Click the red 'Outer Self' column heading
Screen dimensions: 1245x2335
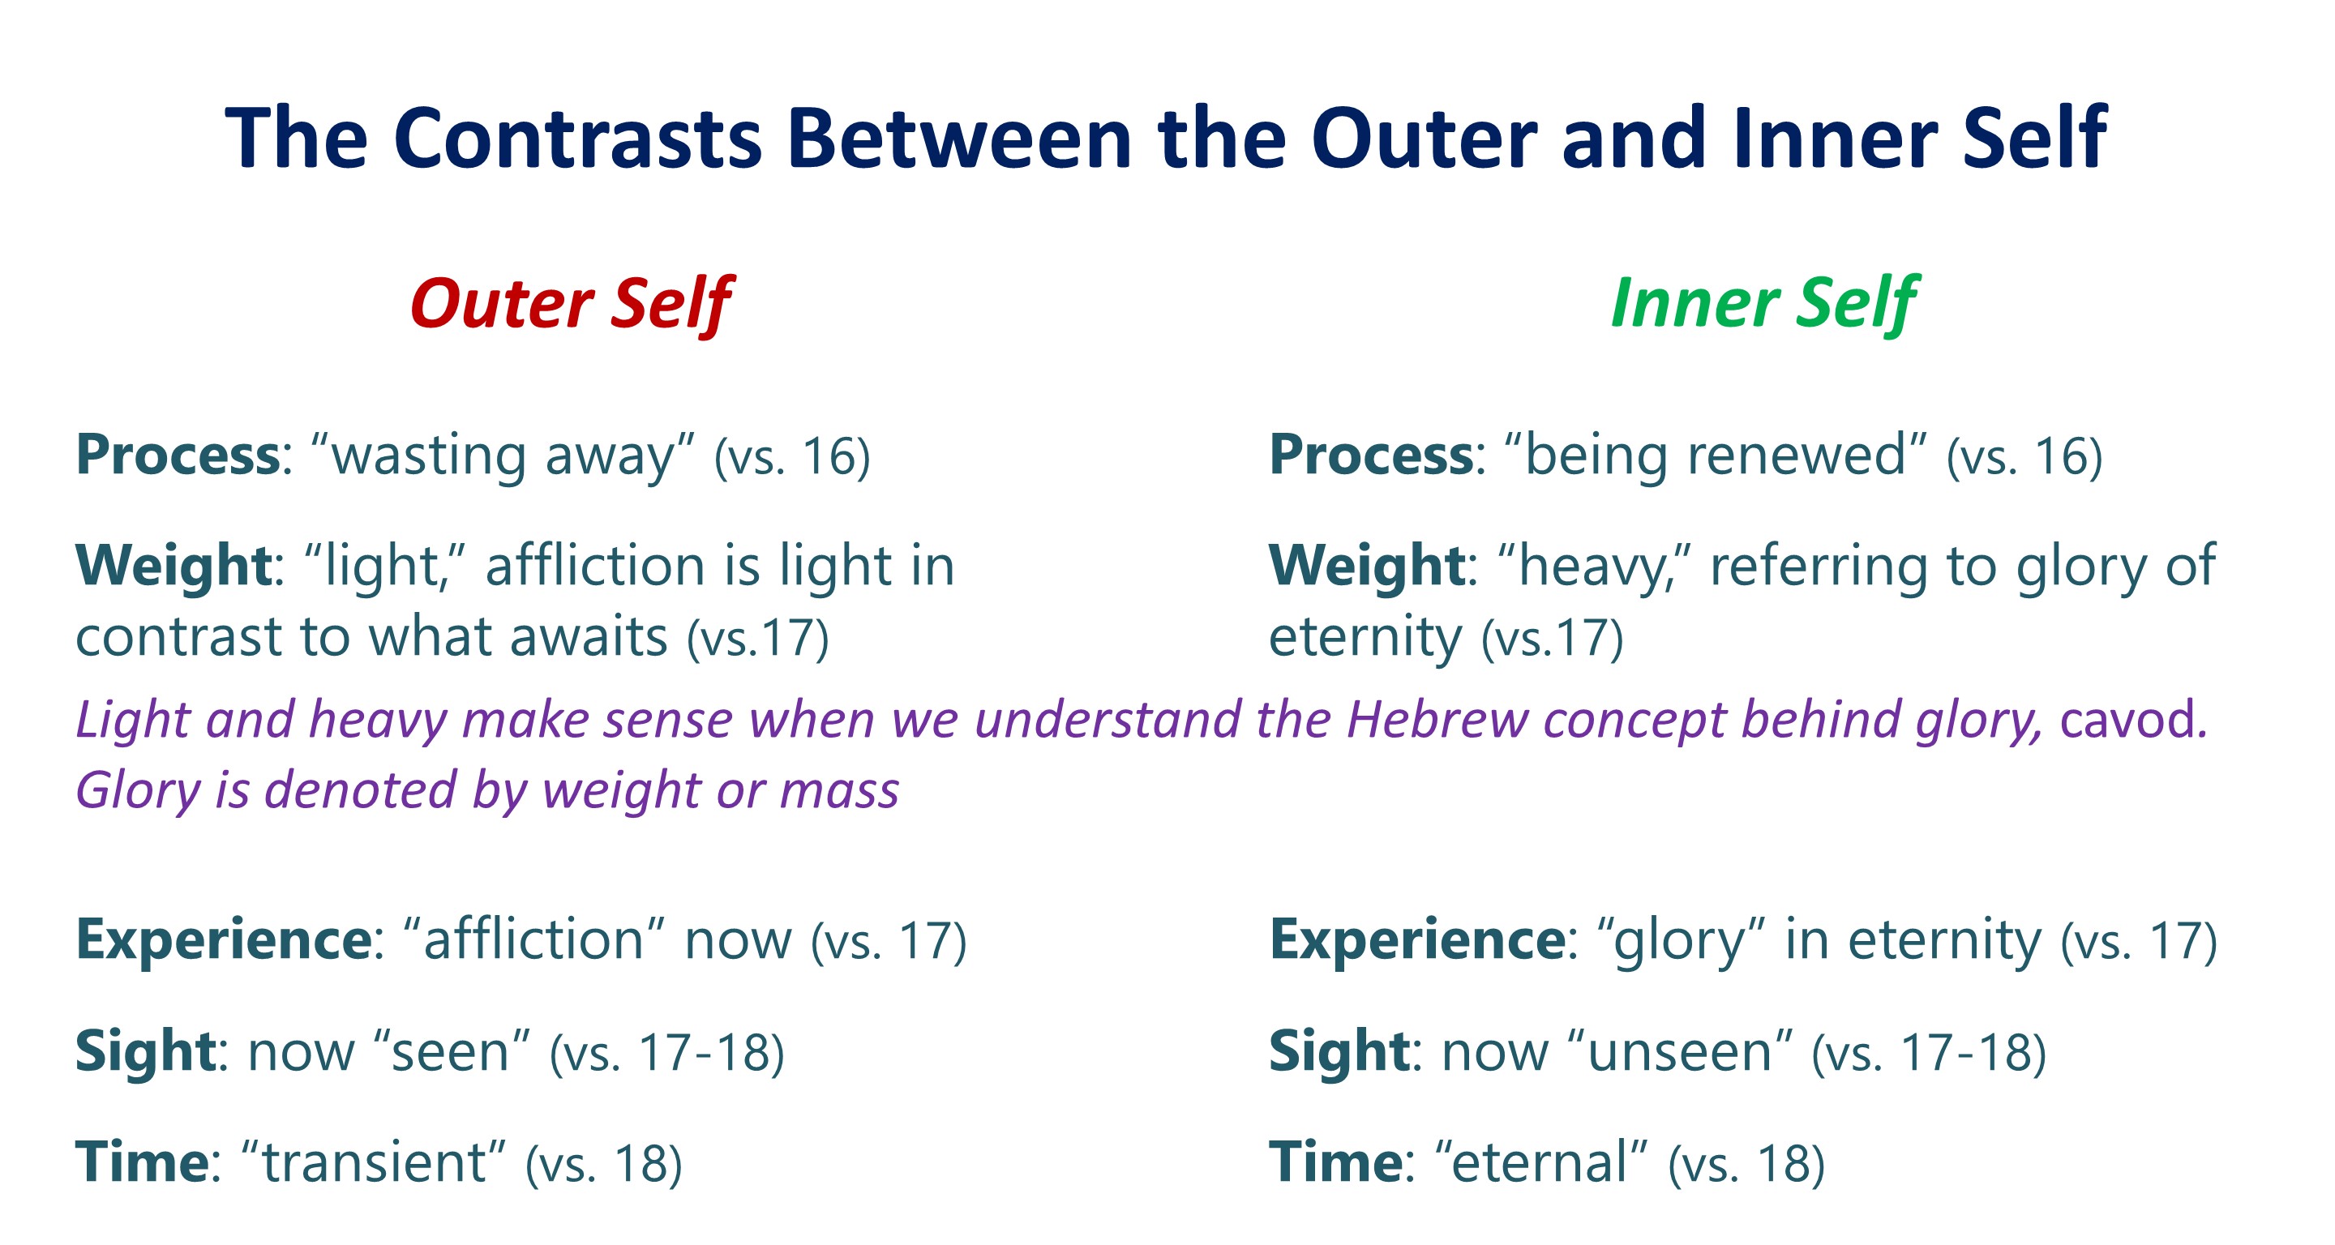coord(570,303)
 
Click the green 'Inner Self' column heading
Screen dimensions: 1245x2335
coord(1763,303)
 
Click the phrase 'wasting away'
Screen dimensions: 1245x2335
coord(502,455)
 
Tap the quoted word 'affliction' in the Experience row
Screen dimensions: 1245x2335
coord(533,939)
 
